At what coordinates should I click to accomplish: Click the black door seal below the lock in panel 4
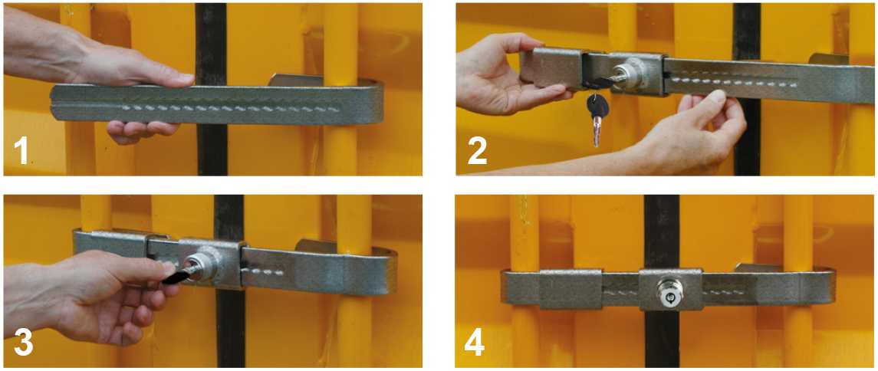pyautogui.click(x=661, y=339)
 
